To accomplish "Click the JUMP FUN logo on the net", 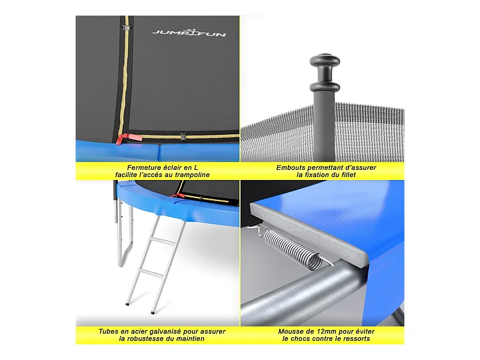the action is pos(189,33).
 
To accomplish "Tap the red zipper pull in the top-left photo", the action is pos(128,138).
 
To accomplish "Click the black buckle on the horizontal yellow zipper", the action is pos(183,137).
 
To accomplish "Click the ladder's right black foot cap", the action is pos(152,312).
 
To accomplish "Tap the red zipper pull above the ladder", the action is pos(176,195).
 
